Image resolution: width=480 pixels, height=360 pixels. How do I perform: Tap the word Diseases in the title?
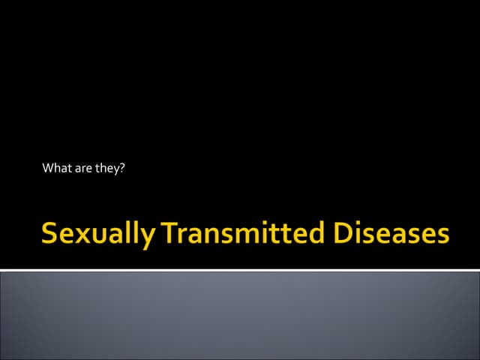pyautogui.click(x=390, y=234)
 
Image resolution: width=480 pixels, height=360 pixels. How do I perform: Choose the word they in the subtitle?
pyautogui.click(x=107, y=169)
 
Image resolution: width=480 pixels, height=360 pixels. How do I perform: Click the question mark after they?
pyautogui.click(x=121, y=168)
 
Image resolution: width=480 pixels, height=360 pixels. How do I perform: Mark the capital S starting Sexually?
pyautogui.click(x=50, y=234)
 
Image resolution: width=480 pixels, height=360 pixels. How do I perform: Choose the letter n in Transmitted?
pyautogui.click(x=217, y=236)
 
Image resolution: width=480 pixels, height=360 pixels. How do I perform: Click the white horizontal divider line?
pyautogui.click(x=240, y=269)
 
